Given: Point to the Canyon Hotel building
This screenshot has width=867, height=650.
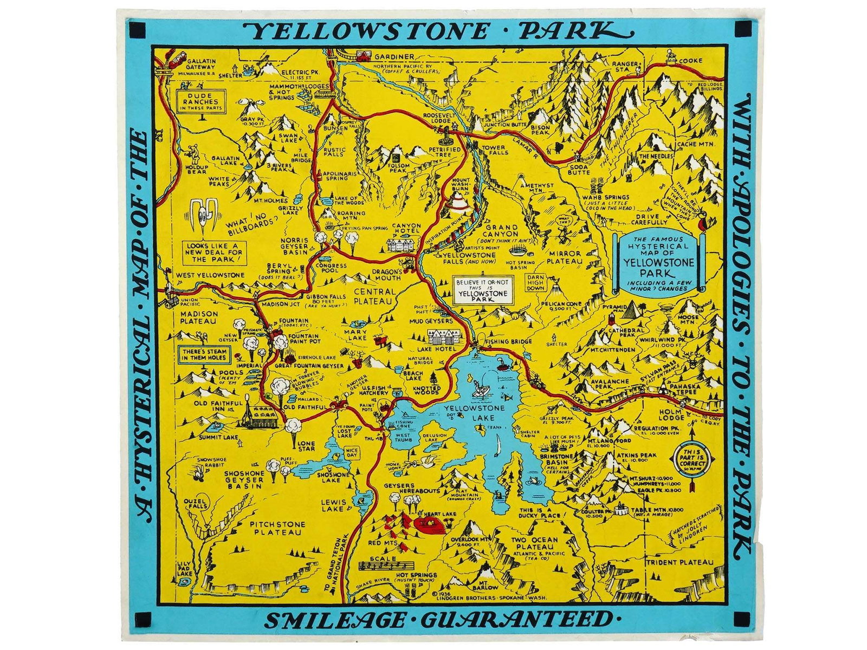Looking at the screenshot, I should pyautogui.click(x=402, y=244).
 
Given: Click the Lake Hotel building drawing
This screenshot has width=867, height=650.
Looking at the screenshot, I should pyautogui.click(x=444, y=337).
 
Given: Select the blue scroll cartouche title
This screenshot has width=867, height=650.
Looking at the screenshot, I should pyautogui.click(x=658, y=263).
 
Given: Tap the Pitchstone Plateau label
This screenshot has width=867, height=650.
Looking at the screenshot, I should pyautogui.click(x=277, y=529).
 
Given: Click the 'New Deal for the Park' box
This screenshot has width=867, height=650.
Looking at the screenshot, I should pyautogui.click(x=213, y=252).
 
